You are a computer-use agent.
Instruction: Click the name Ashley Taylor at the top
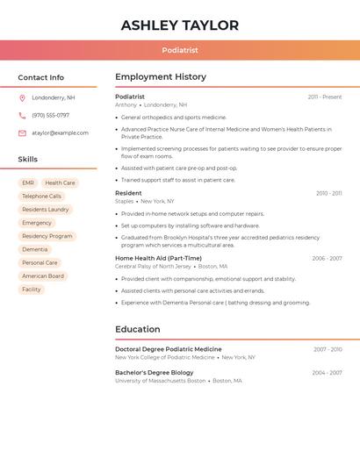point(180,25)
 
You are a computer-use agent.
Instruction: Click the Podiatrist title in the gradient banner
point(180,51)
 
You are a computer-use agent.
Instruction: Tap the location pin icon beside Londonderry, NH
point(22,97)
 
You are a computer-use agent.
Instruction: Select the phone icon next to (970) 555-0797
point(22,115)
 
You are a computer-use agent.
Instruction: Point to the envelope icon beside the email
point(22,133)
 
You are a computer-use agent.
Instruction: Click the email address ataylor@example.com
point(60,133)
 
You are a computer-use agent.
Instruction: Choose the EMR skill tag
point(28,182)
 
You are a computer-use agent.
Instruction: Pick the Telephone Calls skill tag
point(41,196)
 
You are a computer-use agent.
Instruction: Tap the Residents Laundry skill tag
point(45,210)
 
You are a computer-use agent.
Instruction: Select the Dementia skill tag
point(35,249)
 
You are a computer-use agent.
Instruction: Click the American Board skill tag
point(43,275)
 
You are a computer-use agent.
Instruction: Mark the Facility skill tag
point(31,289)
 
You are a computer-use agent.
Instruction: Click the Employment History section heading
point(161,77)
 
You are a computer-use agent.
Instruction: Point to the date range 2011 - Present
point(325,97)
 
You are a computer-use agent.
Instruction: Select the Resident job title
point(128,193)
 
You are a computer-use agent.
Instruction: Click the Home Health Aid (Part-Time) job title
point(158,258)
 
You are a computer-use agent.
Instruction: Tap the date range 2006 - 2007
point(327,259)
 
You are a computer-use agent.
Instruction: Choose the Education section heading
point(137,329)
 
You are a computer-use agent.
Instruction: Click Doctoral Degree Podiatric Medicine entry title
point(168,349)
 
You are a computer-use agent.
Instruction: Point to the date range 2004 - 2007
point(327,373)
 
